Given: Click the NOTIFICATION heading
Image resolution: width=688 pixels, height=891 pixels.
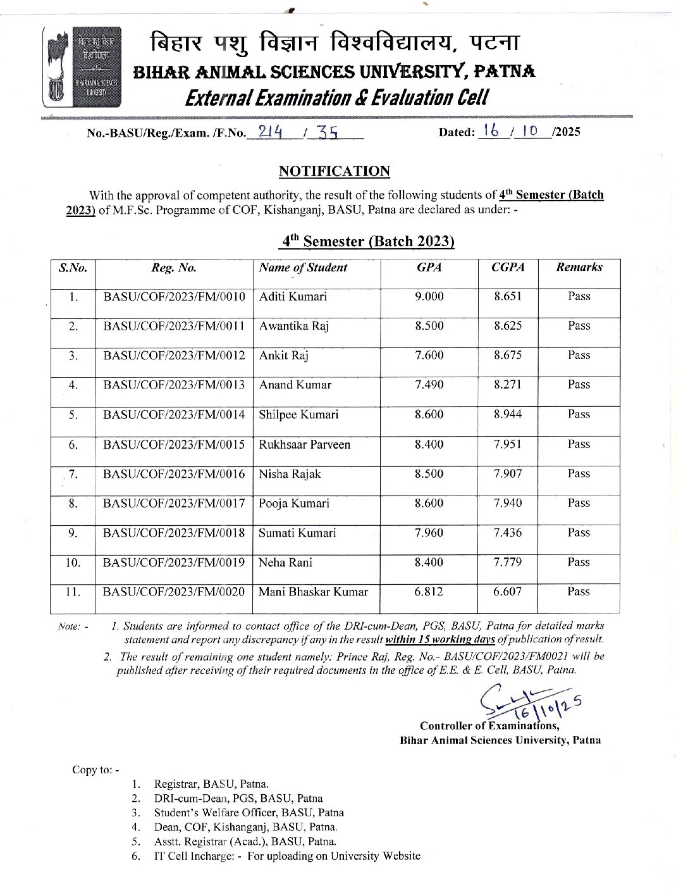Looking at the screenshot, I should click(335, 171).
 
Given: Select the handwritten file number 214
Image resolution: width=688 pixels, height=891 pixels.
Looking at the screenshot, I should click(265, 132).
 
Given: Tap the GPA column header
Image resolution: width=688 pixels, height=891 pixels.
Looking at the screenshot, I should click(429, 267).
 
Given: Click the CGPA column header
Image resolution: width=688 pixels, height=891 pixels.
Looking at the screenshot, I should click(508, 267).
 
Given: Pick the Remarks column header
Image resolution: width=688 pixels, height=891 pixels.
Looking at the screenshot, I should click(579, 267).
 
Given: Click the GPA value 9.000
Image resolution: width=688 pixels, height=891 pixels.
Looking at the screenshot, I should click(429, 297).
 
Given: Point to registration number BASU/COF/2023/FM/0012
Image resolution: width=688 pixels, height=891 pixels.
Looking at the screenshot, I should click(174, 356).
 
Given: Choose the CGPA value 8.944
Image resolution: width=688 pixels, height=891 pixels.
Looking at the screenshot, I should click(508, 414).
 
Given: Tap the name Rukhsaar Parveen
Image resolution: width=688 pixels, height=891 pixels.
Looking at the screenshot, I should click(304, 444).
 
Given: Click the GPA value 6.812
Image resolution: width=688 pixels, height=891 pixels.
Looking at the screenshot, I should click(429, 592).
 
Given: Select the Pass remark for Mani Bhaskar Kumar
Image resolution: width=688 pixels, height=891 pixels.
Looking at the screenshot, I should click(579, 592).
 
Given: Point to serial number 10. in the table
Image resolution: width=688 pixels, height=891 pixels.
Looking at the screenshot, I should click(73, 563).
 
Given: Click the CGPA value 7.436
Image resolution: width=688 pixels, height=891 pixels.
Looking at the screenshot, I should click(508, 533).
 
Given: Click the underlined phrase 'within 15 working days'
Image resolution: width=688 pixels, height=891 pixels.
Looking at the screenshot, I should click(441, 639).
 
